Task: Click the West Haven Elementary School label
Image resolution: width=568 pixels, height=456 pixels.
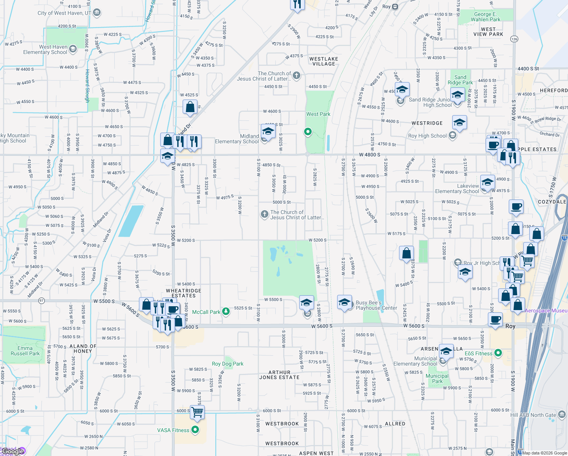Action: tap(45, 49)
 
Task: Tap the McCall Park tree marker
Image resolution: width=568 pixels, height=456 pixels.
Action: tap(226, 312)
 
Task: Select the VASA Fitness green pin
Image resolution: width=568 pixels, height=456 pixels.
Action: tap(195, 430)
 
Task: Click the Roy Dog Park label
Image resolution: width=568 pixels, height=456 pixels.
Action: tap(227, 364)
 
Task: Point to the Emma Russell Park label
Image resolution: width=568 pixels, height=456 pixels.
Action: tap(25, 351)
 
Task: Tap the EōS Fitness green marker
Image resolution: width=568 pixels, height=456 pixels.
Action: tap(498, 353)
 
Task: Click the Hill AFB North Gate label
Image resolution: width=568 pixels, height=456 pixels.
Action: tap(533, 415)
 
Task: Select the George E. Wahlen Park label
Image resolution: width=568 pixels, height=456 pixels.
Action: tap(485, 17)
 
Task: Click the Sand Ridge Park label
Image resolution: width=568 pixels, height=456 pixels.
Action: tap(460, 80)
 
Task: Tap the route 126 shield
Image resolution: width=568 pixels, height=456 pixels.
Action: tap(514, 39)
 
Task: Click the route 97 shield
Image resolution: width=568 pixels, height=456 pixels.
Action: tap(42, 301)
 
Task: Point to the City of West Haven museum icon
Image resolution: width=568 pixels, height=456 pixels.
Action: tap(97, 13)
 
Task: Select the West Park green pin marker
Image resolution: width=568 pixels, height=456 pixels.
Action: tap(308, 132)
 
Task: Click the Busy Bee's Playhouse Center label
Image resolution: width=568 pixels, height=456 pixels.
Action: tap(376, 305)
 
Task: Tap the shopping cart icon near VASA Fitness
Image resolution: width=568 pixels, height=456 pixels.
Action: tap(197, 412)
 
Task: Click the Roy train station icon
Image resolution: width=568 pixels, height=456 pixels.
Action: tap(395, 6)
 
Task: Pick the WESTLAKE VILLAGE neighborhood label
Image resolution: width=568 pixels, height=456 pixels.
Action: tap(323, 61)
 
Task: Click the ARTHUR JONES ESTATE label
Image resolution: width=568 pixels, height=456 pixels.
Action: tap(279, 375)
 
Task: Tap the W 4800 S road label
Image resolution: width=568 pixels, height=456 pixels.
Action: tap(369, 155)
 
